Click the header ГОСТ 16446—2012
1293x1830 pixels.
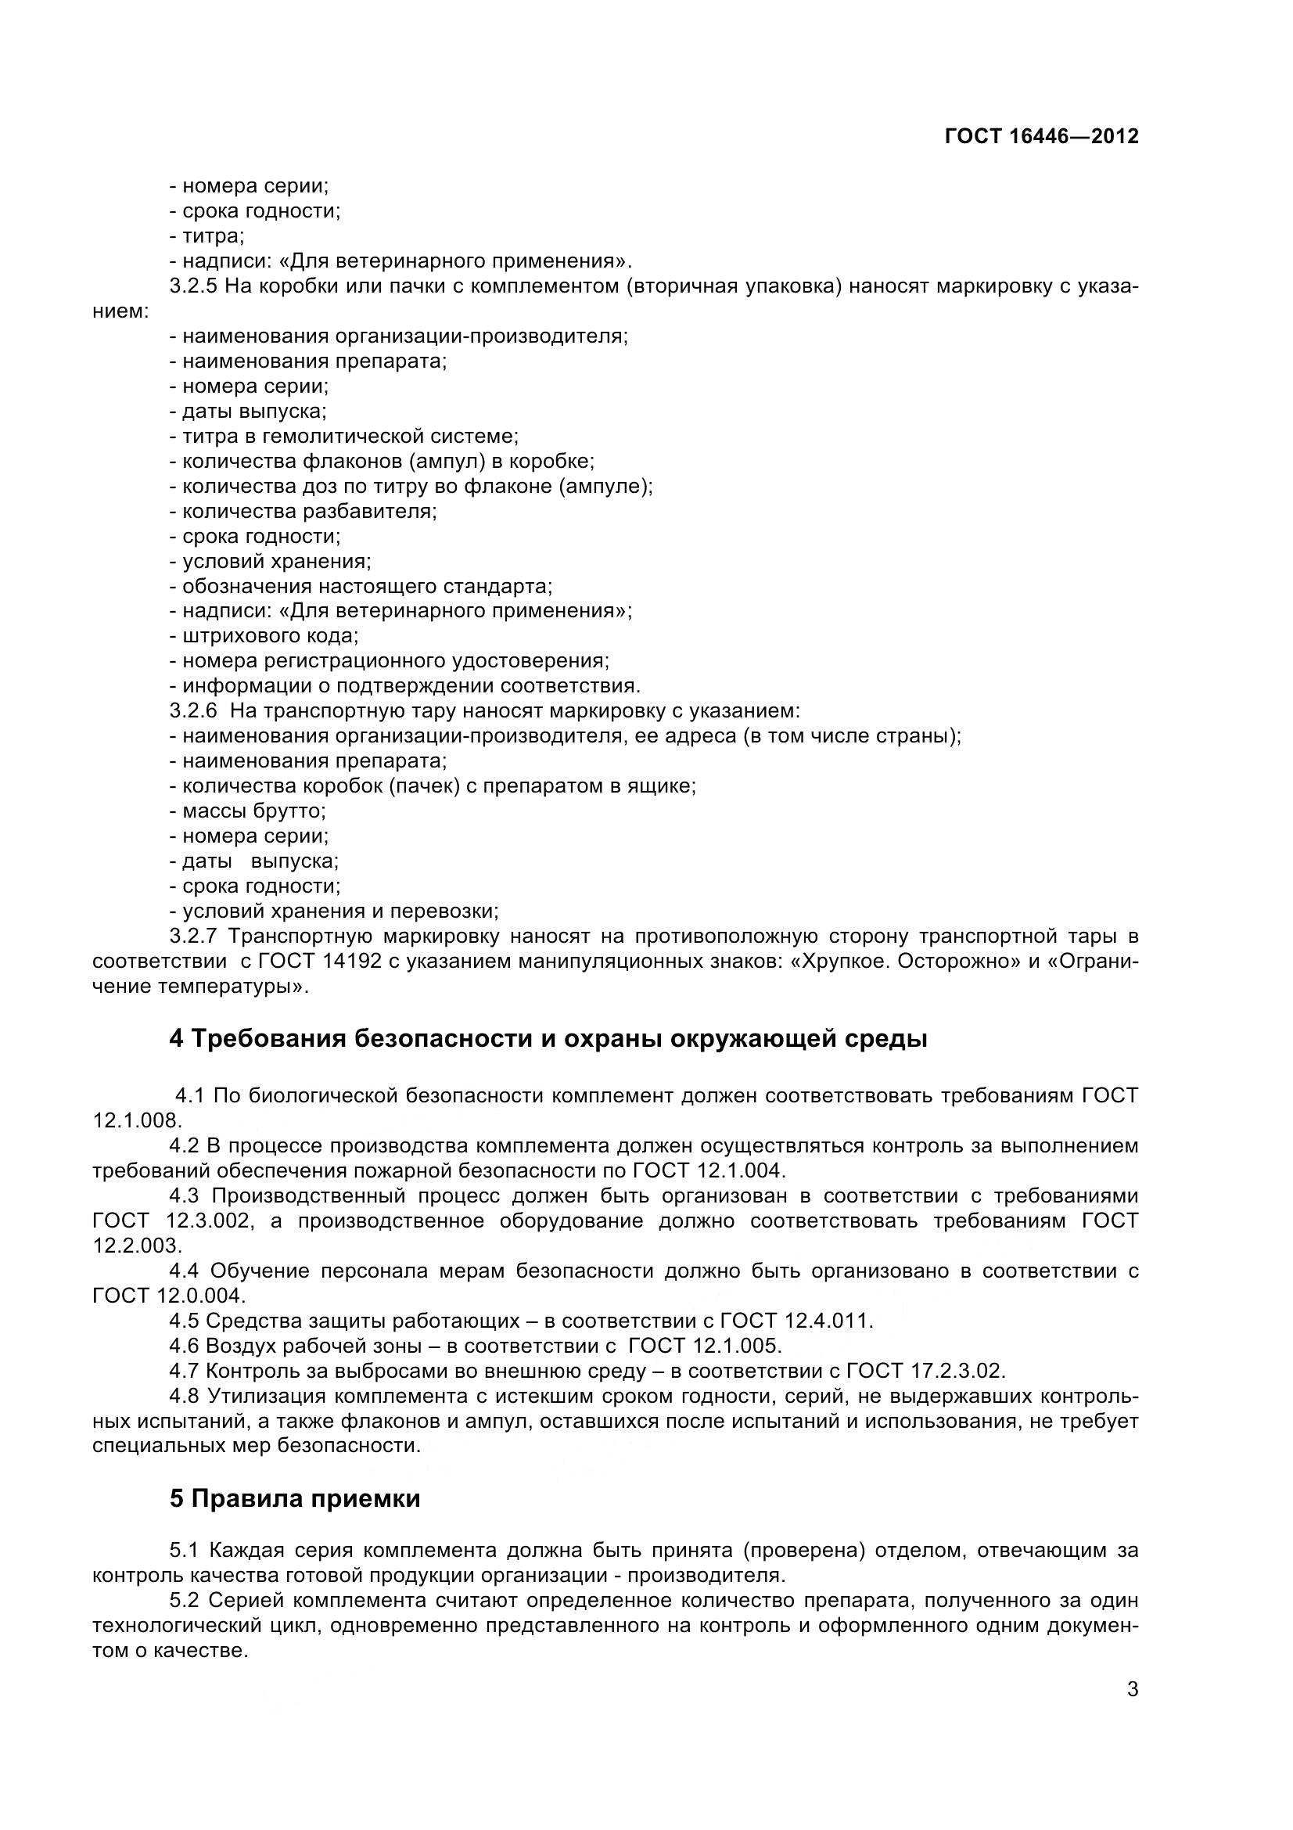[x=1041, y=136]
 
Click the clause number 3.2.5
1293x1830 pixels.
[x=192, y=286]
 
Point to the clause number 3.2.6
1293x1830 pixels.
[x=192, y=711]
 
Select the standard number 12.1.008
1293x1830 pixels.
[x=137, y=1121]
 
